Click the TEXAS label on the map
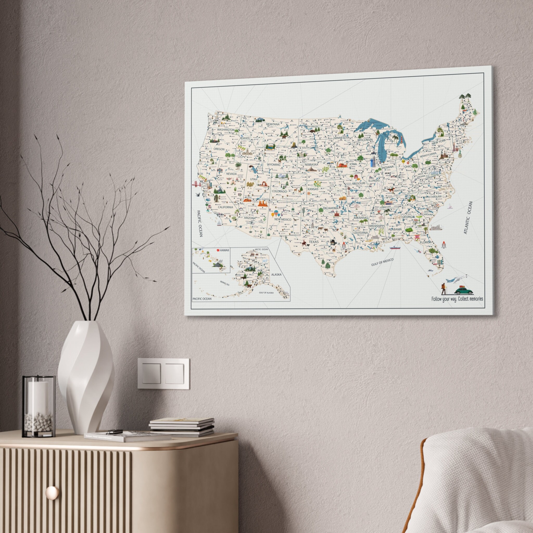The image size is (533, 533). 314,242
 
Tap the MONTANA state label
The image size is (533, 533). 272,124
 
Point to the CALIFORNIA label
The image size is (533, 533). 225,207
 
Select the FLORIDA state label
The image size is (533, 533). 426,242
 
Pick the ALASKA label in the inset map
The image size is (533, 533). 276,275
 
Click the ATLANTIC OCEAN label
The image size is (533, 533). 468,218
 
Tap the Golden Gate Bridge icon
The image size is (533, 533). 196,184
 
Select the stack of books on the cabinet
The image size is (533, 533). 182,427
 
